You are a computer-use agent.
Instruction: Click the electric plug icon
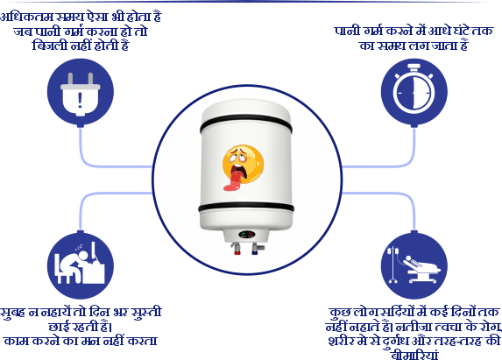tap(81, 94)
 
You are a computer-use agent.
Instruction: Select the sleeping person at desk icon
tap(80, 264)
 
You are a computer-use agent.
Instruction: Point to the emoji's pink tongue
tap(233, 181)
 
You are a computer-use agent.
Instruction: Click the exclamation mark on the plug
tap(80, 100)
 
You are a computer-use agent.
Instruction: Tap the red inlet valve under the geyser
tap(237, 249)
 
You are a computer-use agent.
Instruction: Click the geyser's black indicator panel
tap(247, 234)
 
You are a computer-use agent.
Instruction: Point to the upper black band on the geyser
tap(246, 124)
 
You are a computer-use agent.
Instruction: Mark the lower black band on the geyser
tap(246, 207)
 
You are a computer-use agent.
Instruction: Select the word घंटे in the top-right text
tap(458, 31)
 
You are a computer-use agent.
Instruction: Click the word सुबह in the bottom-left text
tap(13, 313)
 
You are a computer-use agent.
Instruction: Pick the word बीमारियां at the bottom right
tap(414, 355)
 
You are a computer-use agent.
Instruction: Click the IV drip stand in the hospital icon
tap(393, 265)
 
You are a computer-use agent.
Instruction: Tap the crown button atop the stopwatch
tap(414, 67)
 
